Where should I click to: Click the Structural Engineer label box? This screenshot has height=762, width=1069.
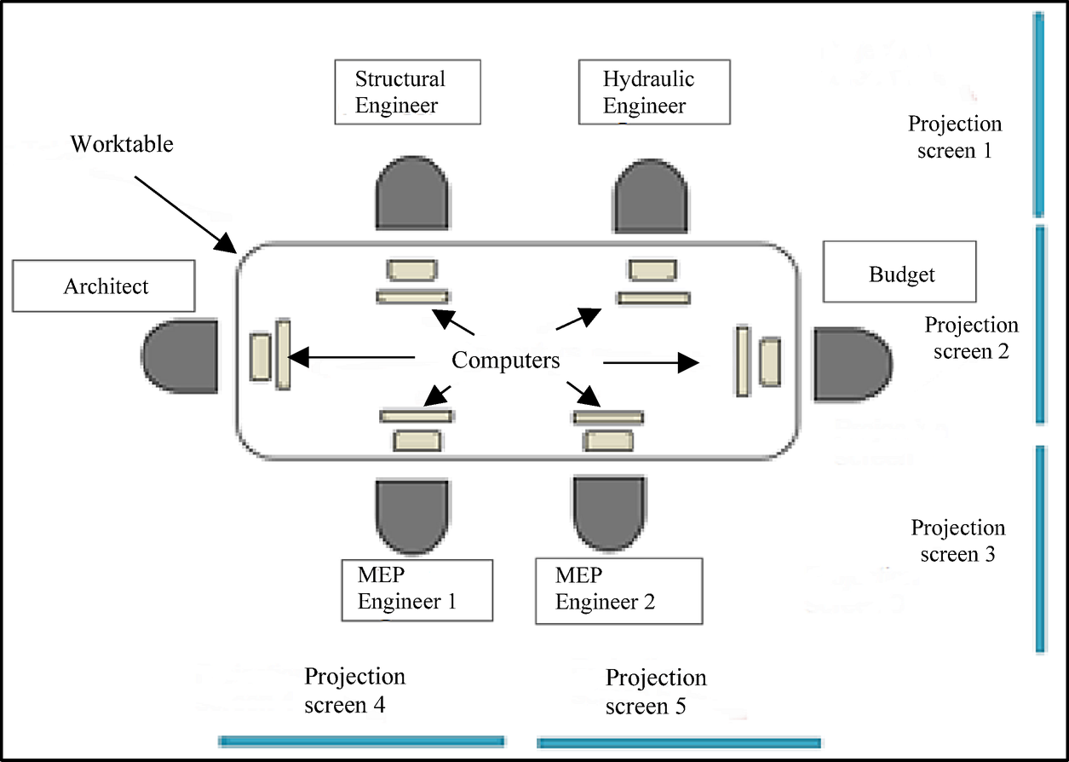click(407, 92)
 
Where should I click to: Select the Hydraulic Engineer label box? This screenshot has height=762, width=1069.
click(653, 92)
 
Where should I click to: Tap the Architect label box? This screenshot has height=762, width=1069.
click(103, 286)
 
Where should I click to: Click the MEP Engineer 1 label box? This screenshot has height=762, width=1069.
click(417, 589)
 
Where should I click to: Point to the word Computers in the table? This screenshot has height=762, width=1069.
click(506, 361)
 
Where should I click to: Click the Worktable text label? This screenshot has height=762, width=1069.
click(121, 144)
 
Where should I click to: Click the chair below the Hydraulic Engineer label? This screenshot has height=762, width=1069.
click(651, 194)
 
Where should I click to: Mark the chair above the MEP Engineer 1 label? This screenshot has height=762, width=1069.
click(412, 515)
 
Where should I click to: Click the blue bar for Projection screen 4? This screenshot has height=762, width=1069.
click(362, 741)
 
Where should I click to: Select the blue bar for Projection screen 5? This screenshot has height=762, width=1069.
click(679, 742)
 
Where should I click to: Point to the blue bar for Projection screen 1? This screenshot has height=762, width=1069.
click(1037, 114)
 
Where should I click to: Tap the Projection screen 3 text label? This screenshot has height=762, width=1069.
click(957, 540)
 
